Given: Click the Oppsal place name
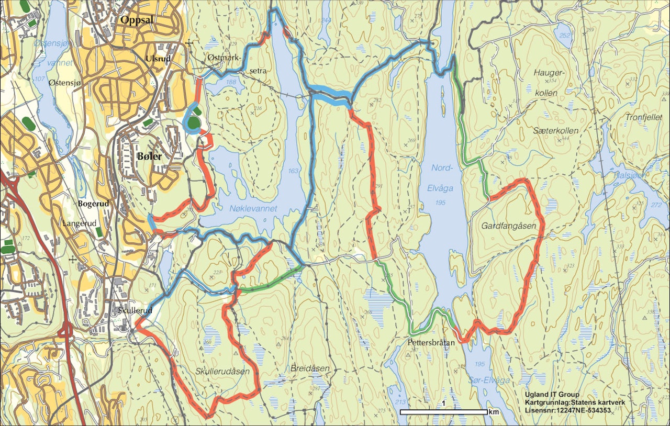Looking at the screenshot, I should pos(138,20).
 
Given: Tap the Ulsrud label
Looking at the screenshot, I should pos(159,58).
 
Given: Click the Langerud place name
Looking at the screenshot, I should pos(77,222).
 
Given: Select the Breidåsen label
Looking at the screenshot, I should pos(310,368).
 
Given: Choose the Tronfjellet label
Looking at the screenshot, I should pos(643,117).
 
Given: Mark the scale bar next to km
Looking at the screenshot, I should pos(443,412).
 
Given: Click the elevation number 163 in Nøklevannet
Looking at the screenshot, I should pos(293,171).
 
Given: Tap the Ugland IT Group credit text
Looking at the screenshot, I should pos(552,395).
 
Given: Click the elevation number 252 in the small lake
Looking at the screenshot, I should pos(564,36).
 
